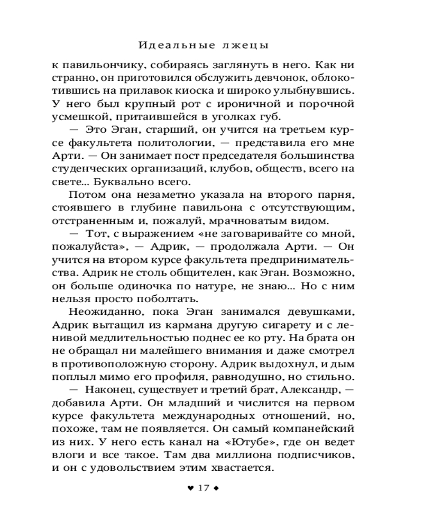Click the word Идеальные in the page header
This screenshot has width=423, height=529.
[x=173, y=44]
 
